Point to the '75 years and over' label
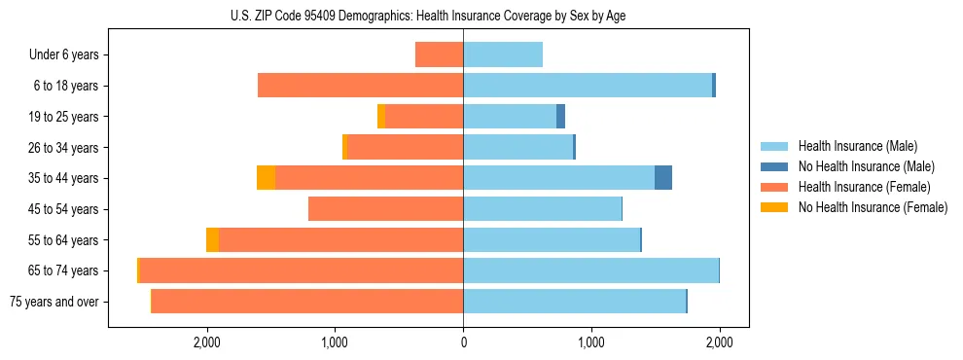point(54,302)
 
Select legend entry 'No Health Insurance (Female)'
point(873,207)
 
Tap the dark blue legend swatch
point(775,166)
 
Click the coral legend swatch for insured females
point(775,187)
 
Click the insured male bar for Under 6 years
point(503,54)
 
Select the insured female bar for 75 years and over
point(306,302)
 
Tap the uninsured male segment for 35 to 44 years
point(663,178)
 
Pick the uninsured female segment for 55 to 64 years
point(212,239)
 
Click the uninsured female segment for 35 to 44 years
point(266,178)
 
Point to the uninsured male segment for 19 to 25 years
point(560,116)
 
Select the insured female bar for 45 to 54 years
point(385,209)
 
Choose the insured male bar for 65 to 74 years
point(590,270)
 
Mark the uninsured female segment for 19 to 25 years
point(381,116)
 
